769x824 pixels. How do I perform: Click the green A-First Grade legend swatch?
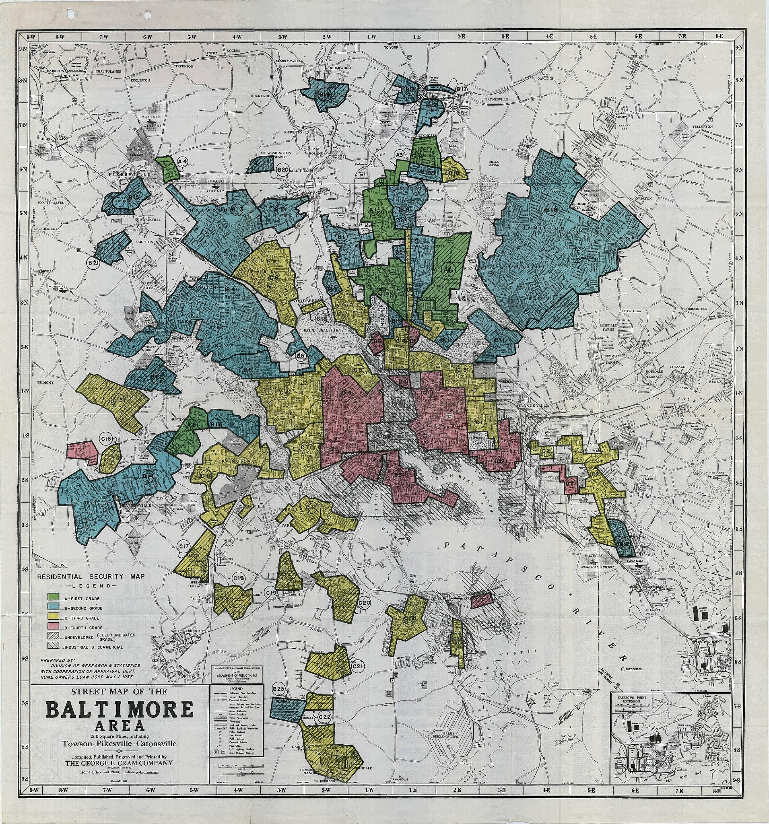(53, 597)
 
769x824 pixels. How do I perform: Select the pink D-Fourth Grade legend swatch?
(53, 628)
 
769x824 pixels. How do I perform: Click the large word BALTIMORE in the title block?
(120, 710)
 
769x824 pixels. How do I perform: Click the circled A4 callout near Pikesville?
(183, 161)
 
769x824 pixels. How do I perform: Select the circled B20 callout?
(283, 170)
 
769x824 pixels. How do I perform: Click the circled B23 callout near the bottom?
(279, 689)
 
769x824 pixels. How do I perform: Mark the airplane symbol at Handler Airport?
(154, 123)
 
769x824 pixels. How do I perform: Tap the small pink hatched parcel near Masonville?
(482, 599)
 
